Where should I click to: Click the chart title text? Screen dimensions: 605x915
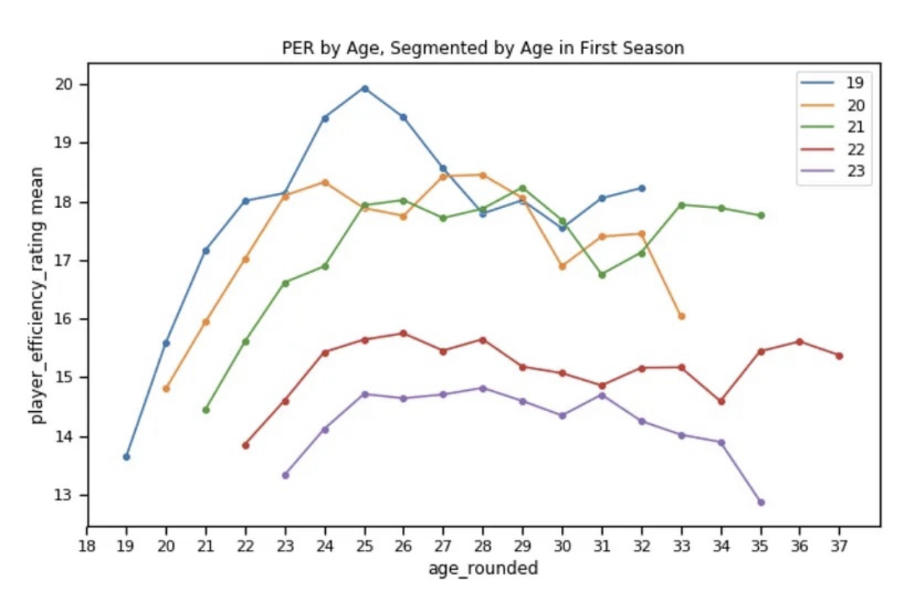click(483, 48)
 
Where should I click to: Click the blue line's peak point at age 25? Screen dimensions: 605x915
click(365, 88)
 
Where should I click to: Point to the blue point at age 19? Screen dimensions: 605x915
click(127, 457)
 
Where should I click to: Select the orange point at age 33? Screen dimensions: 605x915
click(681, 316)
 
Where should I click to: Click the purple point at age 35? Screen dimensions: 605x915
click(761, 503)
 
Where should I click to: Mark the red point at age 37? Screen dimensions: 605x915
click(839, 356)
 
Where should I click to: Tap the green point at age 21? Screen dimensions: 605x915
click(206, 410)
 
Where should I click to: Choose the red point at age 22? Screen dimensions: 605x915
click(245, 445)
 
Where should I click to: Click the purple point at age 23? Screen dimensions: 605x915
click(285, 475)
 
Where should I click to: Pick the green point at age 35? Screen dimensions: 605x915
click(761, 216)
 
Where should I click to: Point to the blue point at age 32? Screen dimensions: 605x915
click(642, 188)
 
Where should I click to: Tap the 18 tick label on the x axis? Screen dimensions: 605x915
click(87, 546)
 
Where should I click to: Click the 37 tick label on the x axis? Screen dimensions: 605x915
click(839, 546)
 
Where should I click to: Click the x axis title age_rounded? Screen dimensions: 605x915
click(483, 569)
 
